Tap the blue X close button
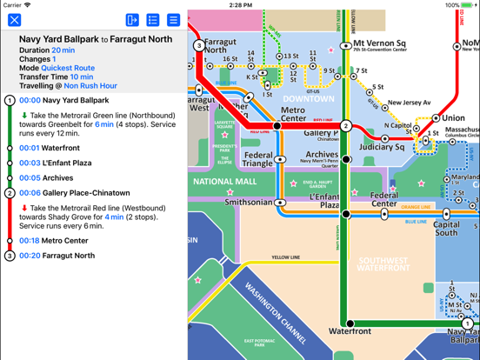[15, 20]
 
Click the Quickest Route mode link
[68, 68]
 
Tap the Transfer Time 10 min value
[82, 77]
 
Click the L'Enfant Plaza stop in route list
[67, 163]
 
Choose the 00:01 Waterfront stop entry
[61, 148]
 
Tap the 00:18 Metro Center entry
[65, 241]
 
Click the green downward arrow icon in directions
[24, 116]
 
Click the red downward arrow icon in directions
[24, 208]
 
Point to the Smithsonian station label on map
[249, 202]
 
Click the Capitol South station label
[446, 228]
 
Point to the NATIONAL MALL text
[224, 182]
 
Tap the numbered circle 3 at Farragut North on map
[199, 45]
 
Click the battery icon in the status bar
[468, 5]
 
